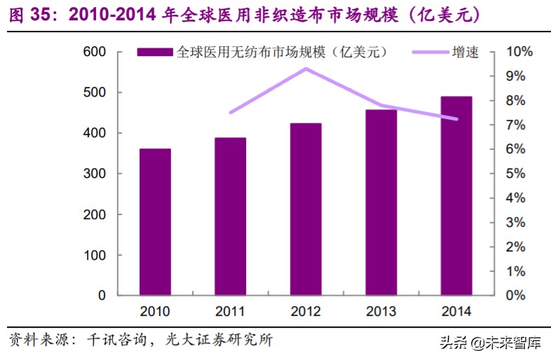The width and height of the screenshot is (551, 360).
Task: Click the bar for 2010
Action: [155, 221]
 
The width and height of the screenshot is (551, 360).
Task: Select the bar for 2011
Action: [231, 216]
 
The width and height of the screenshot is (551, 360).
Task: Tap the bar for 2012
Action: [306, 209]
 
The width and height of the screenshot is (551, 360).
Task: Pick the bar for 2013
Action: [381, 202]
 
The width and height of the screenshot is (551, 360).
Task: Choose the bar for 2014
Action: [456, 195]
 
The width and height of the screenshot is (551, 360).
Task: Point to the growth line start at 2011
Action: [231, 112]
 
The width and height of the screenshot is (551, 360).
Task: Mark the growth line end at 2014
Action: [456, 119]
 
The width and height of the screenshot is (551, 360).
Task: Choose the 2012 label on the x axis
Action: [306, 312]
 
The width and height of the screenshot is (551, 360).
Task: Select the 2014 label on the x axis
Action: [456, 312]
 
